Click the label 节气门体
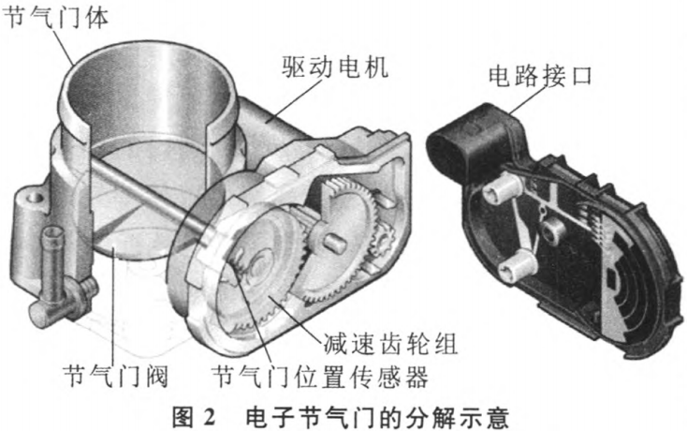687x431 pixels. pos(55,18)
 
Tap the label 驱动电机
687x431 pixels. pos(335,67)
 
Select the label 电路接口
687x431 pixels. pos(540,75)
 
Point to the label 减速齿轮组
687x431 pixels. pos(391,343)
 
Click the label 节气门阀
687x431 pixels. pos(116,376)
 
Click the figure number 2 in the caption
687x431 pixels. pos(209,417)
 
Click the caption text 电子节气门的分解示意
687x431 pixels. pos(377,417)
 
